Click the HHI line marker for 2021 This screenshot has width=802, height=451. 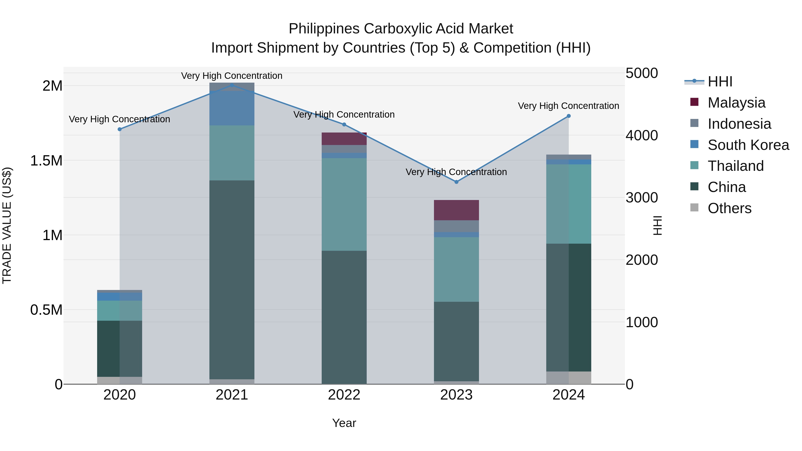[x=232, y=85]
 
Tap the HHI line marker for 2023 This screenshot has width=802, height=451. [x=456, y=182]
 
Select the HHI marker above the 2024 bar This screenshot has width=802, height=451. [x=569, y=116]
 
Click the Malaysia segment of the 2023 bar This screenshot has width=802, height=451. [x=456, y=210]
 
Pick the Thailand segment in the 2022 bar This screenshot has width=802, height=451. [x=344, y=204]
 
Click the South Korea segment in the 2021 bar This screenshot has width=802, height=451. [x=232, y=108]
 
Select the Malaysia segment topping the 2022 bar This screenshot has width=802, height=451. [x=344, y=139]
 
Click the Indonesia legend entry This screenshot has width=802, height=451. [x=739, y=124]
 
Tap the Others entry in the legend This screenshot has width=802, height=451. [x=729, y=208]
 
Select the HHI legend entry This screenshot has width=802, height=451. [x=720, y=82]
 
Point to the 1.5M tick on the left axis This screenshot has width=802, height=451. [x=46, y=161]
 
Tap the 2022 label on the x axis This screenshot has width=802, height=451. [x=344, y=395]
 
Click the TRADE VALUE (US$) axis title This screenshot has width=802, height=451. [x=7, y=225]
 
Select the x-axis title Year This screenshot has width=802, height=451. [x=344, y=423]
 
